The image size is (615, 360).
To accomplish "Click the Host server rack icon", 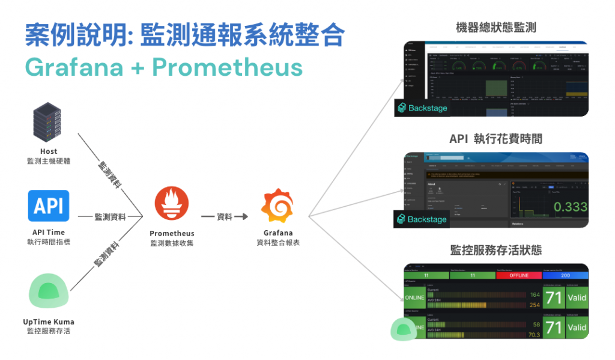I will [49, 123].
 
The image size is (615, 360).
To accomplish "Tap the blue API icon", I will [49, 206].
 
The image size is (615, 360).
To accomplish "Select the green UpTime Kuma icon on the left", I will [49, 291].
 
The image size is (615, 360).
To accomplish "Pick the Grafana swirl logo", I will [277, 206].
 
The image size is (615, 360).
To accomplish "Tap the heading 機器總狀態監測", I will [495, 28].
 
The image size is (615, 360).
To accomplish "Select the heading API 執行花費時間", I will [495, 139].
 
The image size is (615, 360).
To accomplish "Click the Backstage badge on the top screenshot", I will [421, 108].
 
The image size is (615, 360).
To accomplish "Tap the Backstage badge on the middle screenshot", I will [421, 219].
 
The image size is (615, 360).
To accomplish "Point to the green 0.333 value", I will [570, 207].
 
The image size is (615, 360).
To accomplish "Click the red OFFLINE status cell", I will [519, 276].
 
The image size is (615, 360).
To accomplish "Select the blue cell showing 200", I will [565, 276].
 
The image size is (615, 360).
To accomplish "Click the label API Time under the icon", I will [49, 233].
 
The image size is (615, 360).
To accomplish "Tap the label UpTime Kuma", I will [49, 322].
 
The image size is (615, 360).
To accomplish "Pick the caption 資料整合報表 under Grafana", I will [277, 243].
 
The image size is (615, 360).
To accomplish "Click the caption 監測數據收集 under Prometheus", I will [172, 243].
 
